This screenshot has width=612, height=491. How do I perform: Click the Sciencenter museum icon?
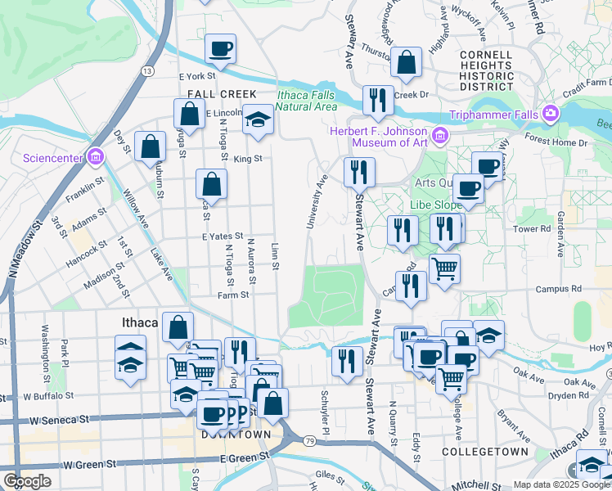click(x=96, y=156)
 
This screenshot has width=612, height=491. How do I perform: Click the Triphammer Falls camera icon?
click(x=551, y=112)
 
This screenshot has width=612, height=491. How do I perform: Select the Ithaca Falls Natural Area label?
click(x=307, y=100)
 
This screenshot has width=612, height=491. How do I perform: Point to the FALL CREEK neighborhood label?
click(x=222, y=94)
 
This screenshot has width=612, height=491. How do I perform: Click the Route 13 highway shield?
click(x=147, y=72)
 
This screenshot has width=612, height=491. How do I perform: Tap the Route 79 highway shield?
click(x=309, y=442)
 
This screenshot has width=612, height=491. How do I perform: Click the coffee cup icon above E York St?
click(x=220, y=48)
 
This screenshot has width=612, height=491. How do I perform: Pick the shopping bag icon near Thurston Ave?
click(x=406, y=61)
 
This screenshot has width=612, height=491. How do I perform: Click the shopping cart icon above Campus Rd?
click(x=444, y=268)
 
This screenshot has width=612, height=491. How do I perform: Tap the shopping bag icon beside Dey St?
click(x=151, y=147)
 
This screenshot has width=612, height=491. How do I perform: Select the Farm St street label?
click(x=232, y=295)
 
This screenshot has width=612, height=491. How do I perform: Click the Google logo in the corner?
click(x=27, y=480)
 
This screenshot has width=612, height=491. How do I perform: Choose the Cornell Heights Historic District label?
click(x=486, y=65)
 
